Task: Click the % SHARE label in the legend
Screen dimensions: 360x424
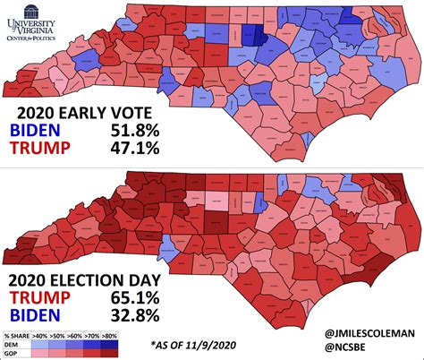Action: [x=17, y=334]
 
